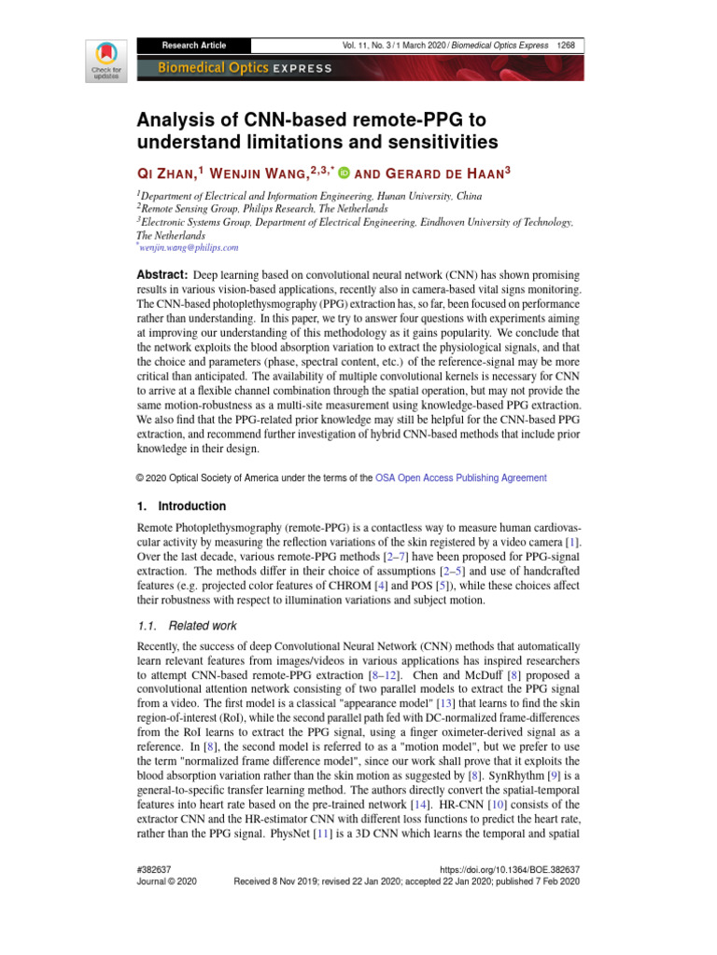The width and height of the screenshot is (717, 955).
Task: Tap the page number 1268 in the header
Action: click(x=565, y=45)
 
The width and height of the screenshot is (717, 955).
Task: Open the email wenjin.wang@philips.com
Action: click(x=190, y=247)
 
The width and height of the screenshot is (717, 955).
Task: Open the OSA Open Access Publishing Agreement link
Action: click(x=461, y=477)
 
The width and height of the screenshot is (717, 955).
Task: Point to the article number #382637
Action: click(x=156, y=867)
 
